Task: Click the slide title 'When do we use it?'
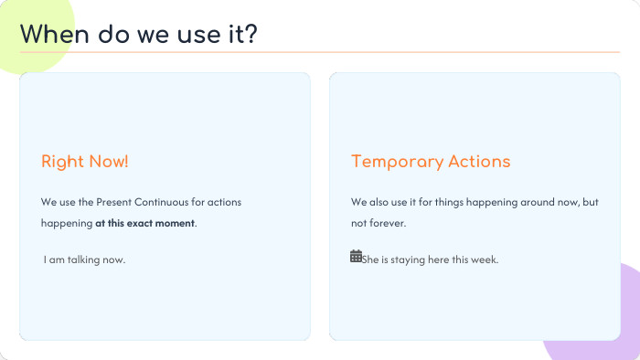pyautogui.click(x=138, y=34)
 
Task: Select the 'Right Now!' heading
pyautogui.click(x=85, y=162)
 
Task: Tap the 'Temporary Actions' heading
pyautogui.click(x=431, y=162)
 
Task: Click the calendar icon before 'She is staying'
pyautogui.click(x=356, y=257)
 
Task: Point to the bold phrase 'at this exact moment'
pyautogui.click(x=144, y=222)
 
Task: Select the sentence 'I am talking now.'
pyautogui.click(x=84, y=259)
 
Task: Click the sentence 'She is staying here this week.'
pyautogui.click(x=430, y=259)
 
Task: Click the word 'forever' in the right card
pyautogui.click(x=387, y=223)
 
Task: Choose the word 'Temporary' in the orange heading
pyautogui.click(x=396, y=162)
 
